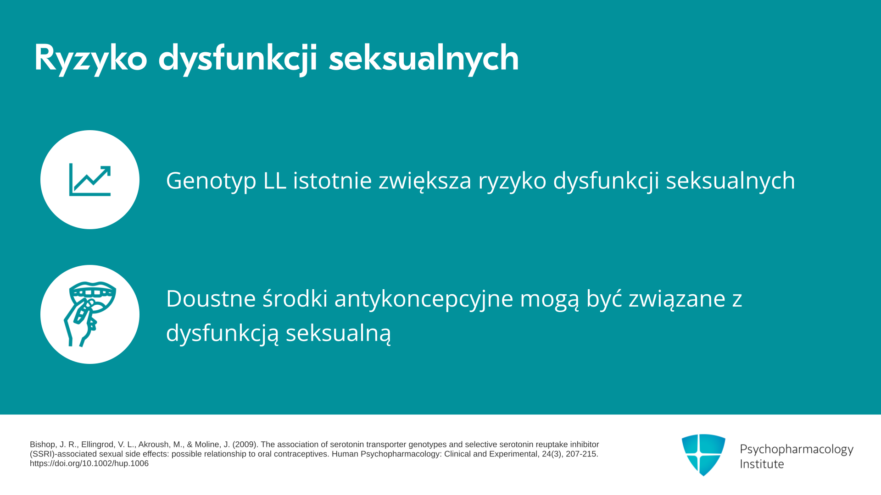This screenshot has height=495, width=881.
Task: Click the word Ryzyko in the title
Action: (x=91, y=59)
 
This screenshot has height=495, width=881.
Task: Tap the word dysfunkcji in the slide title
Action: (x=238, y=59)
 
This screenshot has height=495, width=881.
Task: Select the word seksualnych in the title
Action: (x=424, y=59)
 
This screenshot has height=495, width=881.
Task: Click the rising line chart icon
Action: (x=90, y=180)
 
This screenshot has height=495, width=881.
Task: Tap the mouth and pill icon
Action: (x=90, y=314)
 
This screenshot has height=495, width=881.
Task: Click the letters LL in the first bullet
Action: (x=275, y=180)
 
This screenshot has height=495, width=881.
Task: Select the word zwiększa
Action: (x=425, y=181)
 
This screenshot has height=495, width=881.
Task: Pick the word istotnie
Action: (x=333, y=180)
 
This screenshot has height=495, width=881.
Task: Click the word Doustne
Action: (x=211, y=298)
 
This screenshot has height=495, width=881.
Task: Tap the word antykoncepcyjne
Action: (x=424, y=299)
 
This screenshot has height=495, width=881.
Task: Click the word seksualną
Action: (x=339, y=333)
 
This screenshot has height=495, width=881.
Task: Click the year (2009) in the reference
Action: (x=245, y=445)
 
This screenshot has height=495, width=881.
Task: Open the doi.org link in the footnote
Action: (x=89, y=463)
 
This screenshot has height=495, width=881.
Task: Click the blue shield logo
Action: (x=703, y=455)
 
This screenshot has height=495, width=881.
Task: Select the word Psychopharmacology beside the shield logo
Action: (x=797, y=449)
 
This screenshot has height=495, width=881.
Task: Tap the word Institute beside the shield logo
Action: (x=762, y=464)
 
